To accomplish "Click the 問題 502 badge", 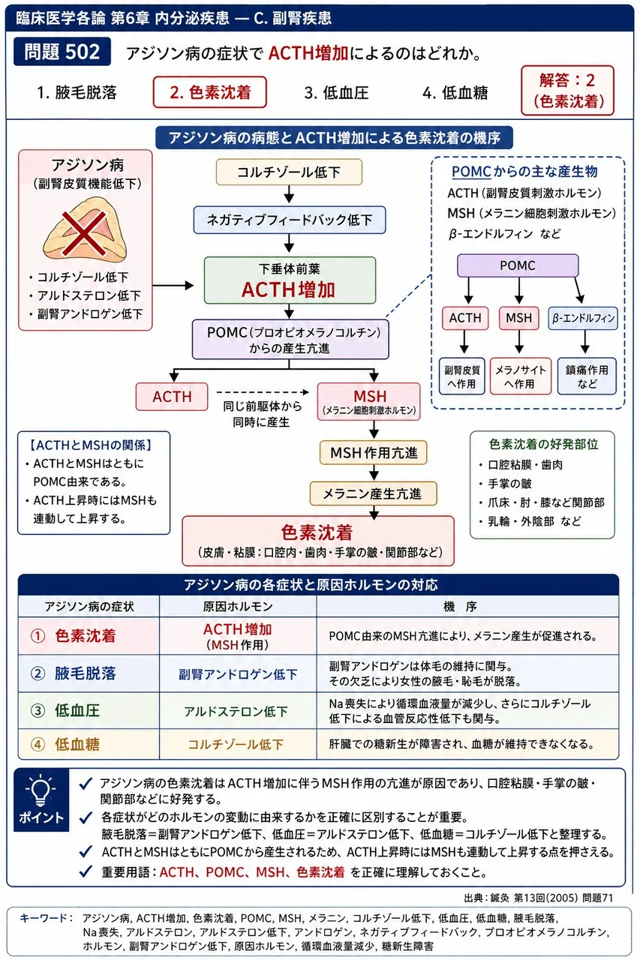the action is pos(62,52).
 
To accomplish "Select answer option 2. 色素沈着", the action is pos(209,92).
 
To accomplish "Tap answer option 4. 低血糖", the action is pos(455,92).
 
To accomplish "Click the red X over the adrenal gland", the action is pos(85,233).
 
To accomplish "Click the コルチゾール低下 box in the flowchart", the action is pos(289,172).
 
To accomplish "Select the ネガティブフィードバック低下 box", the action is pos(290,220).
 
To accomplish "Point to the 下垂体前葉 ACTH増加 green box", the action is pos(290,280).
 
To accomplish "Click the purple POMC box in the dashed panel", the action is pos(518,265).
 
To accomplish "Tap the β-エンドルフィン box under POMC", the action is pos(583,318).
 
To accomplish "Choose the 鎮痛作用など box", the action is pos(587,376).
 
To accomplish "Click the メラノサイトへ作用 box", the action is pos(521,376).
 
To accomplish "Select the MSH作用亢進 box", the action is pos(374,452).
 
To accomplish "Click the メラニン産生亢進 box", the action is pos(374,493).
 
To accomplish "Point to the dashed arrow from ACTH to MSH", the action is pos(263,392).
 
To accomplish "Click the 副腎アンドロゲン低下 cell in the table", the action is pos(238,674).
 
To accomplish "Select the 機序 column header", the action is pos(460,607).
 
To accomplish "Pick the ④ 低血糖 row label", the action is pos(65,744).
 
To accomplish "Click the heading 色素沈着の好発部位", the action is pos(543,445).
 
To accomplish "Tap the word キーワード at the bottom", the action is pos(44,919).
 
